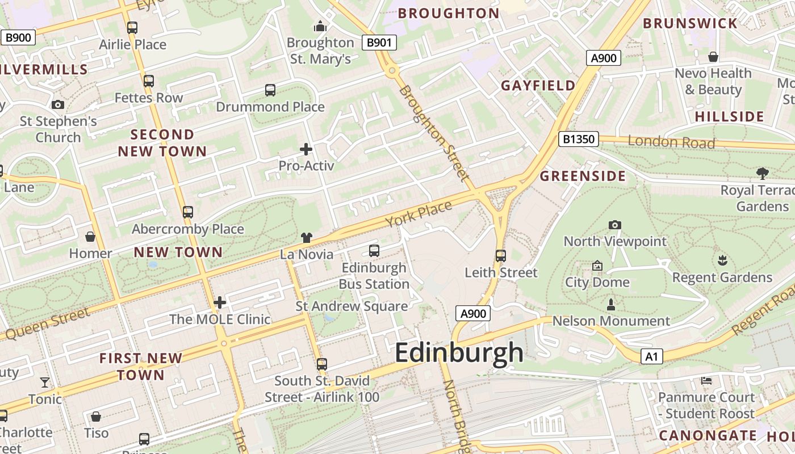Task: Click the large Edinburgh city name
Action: pos(459,352)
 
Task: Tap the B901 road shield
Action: pos(379,43)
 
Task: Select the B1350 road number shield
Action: pos(579,139)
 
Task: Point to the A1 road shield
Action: pos(651,356)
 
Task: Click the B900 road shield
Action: pos(18,38)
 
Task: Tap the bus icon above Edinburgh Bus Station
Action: pos(374,250)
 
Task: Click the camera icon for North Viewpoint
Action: pos(614,225)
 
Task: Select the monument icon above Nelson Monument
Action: pos(611,305)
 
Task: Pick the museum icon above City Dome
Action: pos(597,266)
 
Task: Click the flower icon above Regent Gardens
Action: pos(722,260)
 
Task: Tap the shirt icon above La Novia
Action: pos(307,237)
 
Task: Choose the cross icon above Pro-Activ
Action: pos(306,149)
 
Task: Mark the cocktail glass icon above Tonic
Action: pos(45,382)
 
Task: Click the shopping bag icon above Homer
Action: pos(90,236)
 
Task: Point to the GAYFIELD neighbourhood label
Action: pos(538,86)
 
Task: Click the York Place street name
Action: pos(419,213)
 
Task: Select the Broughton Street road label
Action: pos(433,133)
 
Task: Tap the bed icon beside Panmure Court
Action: pos(706,380)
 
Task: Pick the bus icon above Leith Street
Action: pos(500,255)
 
